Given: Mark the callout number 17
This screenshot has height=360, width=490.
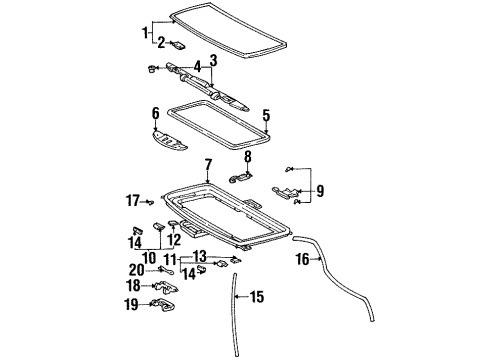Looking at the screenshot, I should tap(132, 200).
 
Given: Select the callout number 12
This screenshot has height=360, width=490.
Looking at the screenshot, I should tap(174, 240).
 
